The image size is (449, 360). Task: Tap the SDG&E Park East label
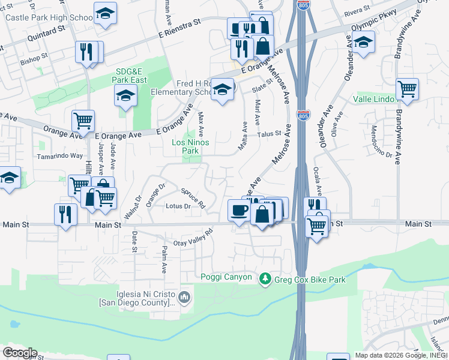pyautogui.click(x=131, y=74)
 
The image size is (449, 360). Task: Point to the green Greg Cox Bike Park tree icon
pyautogui.click(x=265, y=279)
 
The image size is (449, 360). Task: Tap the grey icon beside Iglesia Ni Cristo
pyautogui.click(x=185, y=296)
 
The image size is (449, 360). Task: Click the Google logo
pyautogui.click(x=20, y=352)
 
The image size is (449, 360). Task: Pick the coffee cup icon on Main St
pyautogui.click(x=239, y=211)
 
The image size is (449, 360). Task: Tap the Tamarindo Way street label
pyautogui.click(x=59, y=155)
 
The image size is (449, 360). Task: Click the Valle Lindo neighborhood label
pyautogui.click(x=373, y=99)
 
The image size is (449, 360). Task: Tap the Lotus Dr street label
pyautogui.click(x=178, y=206)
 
